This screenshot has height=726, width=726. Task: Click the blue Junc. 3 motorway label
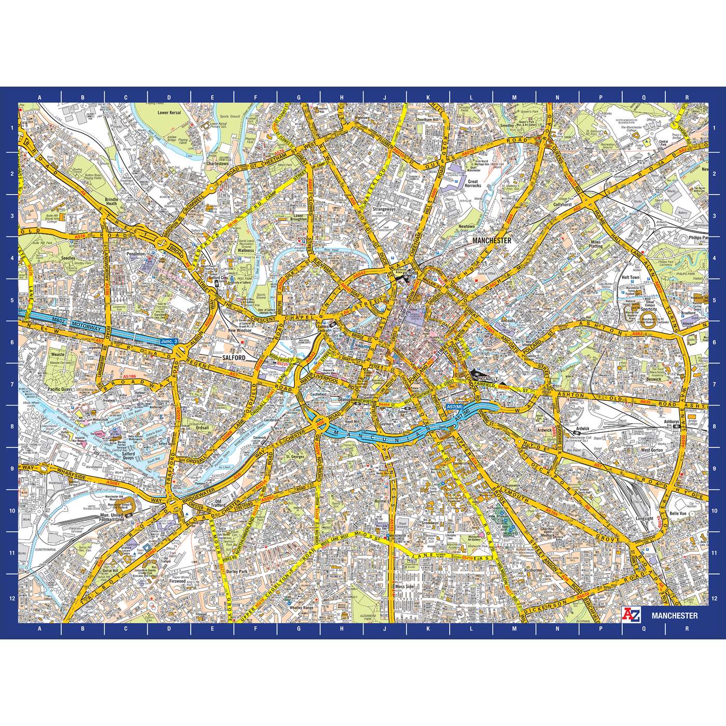(169, 341)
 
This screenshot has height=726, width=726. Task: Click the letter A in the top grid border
(39, 96)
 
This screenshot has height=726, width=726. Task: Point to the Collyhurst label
(564, 205)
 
